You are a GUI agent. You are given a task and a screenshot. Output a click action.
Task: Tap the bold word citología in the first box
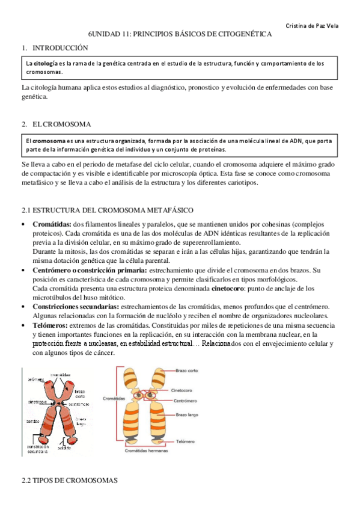pyautogui.click(x=47, y=63)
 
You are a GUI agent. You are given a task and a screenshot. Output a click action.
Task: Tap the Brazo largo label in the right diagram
pyautogui.click(x=188, y=415)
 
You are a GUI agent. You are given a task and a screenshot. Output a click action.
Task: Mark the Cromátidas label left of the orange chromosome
pyautogui.click(x=109, y=397)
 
